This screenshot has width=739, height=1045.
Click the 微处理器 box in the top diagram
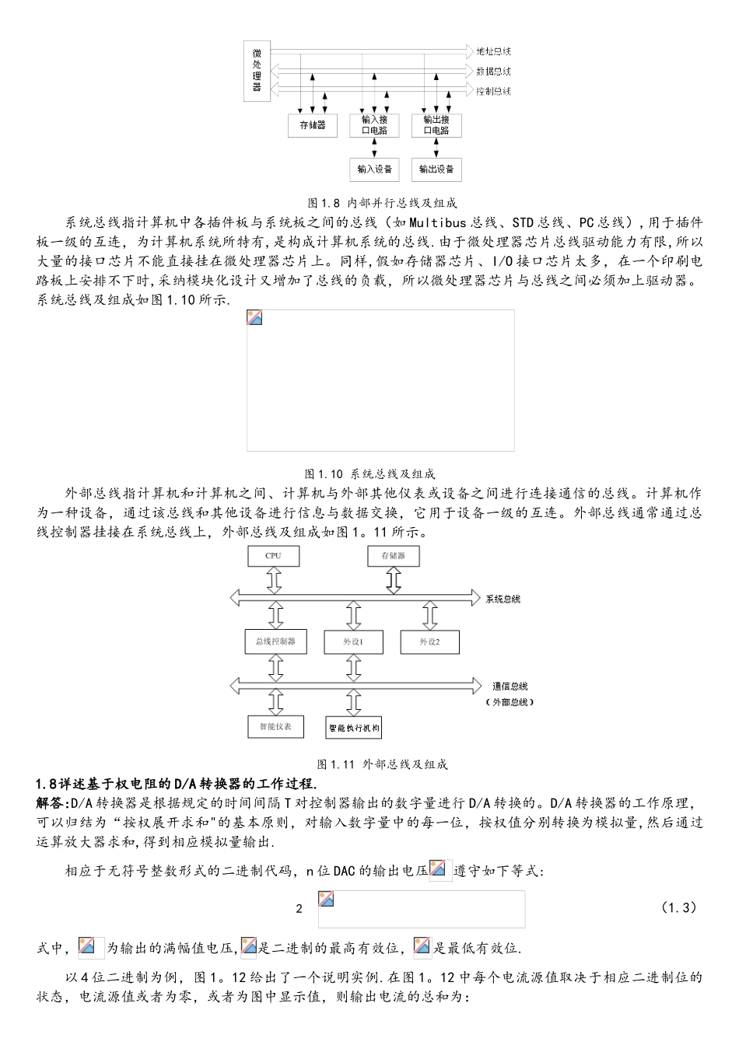[257, 70]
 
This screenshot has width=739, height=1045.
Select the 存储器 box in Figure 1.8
[313, 124]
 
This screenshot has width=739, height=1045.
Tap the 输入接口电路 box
[375, 124]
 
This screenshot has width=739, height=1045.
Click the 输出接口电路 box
[436, 124]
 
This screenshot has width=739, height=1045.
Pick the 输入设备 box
[375, 169]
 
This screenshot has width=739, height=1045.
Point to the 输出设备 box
[436, 169]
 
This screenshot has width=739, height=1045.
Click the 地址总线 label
[493, 51]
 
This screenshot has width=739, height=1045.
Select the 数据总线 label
[493, 72]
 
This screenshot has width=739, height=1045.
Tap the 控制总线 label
[493, 92]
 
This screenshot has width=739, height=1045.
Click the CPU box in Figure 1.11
[273, 556]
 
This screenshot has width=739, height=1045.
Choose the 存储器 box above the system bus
[394, 556]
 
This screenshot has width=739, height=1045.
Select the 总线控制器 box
[275, 641]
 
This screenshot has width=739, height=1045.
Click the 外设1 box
[354, 642]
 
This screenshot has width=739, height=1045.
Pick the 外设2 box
[429, 642]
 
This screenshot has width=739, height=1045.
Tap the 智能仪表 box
[275, 726]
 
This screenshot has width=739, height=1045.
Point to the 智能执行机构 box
[354, 728]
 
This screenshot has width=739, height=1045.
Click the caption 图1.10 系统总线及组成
[369, 474]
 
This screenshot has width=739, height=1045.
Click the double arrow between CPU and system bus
[274, 580]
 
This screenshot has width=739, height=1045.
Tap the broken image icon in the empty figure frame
[254, 317]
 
